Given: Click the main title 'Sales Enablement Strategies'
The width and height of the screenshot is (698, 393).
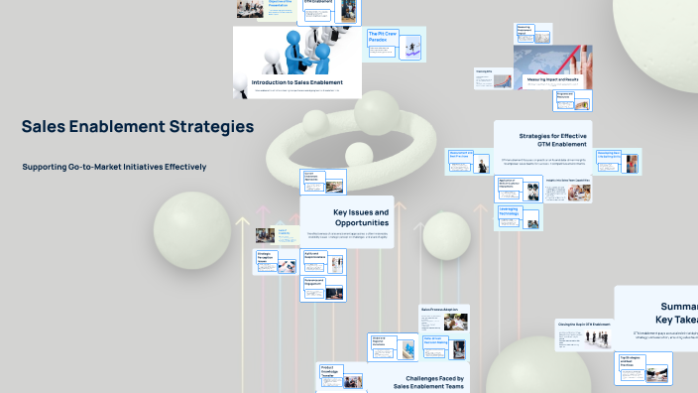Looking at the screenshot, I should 138,127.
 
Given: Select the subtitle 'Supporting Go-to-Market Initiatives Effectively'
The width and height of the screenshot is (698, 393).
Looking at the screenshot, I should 114,167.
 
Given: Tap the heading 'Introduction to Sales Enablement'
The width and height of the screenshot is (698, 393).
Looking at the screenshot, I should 296,82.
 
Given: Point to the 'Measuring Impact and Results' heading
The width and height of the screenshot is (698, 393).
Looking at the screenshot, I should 552,76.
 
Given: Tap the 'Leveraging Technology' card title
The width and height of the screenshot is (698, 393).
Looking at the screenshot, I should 509,211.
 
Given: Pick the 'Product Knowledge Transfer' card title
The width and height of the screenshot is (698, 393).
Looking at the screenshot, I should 332,371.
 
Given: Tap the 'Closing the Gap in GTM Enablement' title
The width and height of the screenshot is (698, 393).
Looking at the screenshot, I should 584,325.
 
